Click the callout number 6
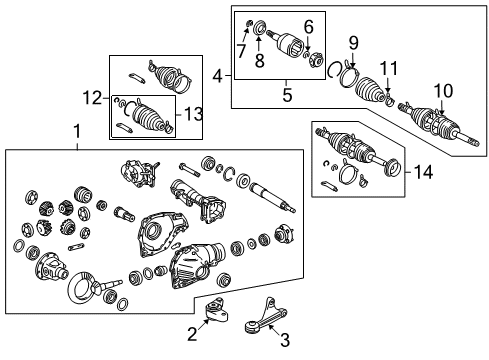(x=308, y=26)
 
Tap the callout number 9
(x=352, y=42)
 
